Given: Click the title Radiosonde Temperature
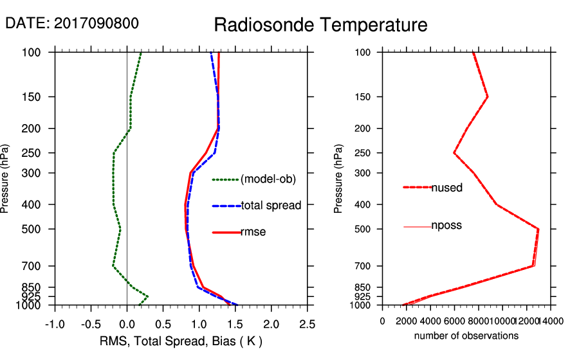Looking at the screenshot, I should tap(320, 25).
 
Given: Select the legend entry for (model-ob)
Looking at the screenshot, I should tap(268, 179).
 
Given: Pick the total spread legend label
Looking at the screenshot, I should tap(271, 206).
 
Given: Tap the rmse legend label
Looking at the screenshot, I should tap(253, 232).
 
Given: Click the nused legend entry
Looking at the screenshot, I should tap(446, 188).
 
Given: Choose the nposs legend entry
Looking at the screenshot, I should tap(446, 226).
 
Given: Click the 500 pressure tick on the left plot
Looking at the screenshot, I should tap(41, 229).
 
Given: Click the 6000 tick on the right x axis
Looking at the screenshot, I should tap(454, 321).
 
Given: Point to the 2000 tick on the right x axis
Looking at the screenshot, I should tap(407, 321).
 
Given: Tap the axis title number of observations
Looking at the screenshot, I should tap(466, 336).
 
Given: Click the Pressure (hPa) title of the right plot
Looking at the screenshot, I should tap(338, 179).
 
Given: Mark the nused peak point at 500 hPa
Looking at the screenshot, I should tap(538, 229).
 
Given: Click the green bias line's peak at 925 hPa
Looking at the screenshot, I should tap(148, 296).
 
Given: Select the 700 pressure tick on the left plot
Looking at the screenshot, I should tap(41, 266).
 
